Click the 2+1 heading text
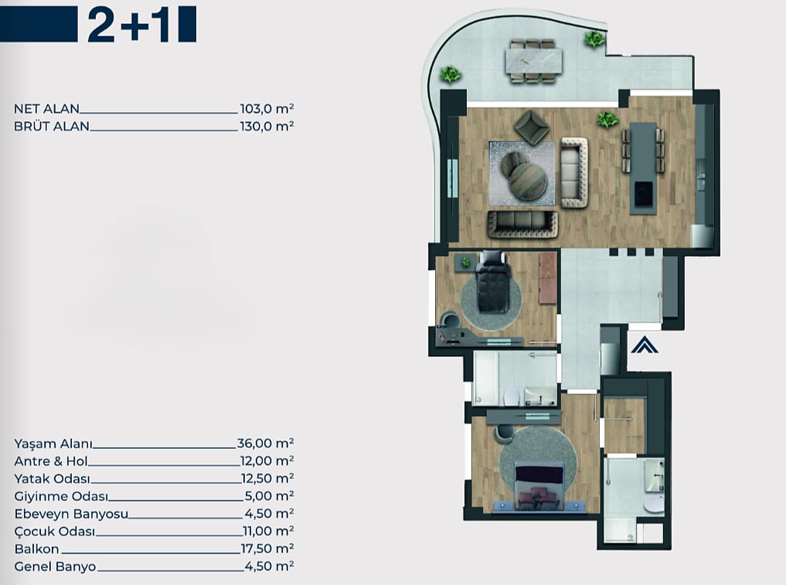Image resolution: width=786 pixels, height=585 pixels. pos(129,25)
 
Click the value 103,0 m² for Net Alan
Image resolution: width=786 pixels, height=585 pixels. pos(267,109)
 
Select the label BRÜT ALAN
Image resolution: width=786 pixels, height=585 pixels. pos(52,126)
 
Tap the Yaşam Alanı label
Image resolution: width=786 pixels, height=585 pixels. pos(53,444)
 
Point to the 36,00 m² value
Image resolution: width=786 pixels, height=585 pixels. pos(266,443)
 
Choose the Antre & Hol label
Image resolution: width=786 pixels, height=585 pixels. pos(51,461)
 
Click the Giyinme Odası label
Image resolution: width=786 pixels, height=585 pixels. pos(61,496)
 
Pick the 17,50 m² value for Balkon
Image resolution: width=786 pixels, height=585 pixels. pos(267,549)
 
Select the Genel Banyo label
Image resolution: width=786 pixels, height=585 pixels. pos(55,566)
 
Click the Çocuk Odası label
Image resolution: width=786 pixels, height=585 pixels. pos(55,532)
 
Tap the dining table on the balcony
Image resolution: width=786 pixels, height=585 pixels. pos(534,60)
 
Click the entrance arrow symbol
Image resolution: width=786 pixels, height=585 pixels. pos(645,345)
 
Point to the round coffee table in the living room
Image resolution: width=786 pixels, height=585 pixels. pos(528,181)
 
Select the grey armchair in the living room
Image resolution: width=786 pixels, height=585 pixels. pos(532,128)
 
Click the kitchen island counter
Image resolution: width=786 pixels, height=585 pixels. pos(643,168)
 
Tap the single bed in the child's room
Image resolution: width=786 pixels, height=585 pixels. pos(493,282)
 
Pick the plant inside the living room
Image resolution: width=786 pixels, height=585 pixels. pos(607,120)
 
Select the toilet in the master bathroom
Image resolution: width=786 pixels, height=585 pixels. pos(654,504)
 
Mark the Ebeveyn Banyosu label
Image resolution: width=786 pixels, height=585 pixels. pos(71,514)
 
